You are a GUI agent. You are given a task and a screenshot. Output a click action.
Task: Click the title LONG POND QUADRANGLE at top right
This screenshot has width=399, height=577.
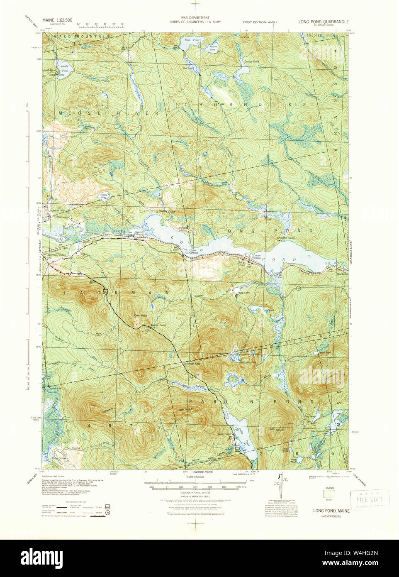tap(323, 22)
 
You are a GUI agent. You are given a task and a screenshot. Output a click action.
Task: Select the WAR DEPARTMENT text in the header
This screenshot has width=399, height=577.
tap(195, 18)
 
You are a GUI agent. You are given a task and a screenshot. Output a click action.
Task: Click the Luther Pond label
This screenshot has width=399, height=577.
tap(251, 61)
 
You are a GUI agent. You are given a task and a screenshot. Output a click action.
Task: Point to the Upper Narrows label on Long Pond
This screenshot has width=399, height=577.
tap(193, 252)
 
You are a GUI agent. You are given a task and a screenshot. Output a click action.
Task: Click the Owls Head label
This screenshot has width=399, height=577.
tap(141, 315)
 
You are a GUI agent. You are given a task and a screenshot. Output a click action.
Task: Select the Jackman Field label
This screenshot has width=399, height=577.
tap(192, 364)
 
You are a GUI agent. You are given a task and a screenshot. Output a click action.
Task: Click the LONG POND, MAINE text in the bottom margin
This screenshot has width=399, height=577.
tap(331, 511)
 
